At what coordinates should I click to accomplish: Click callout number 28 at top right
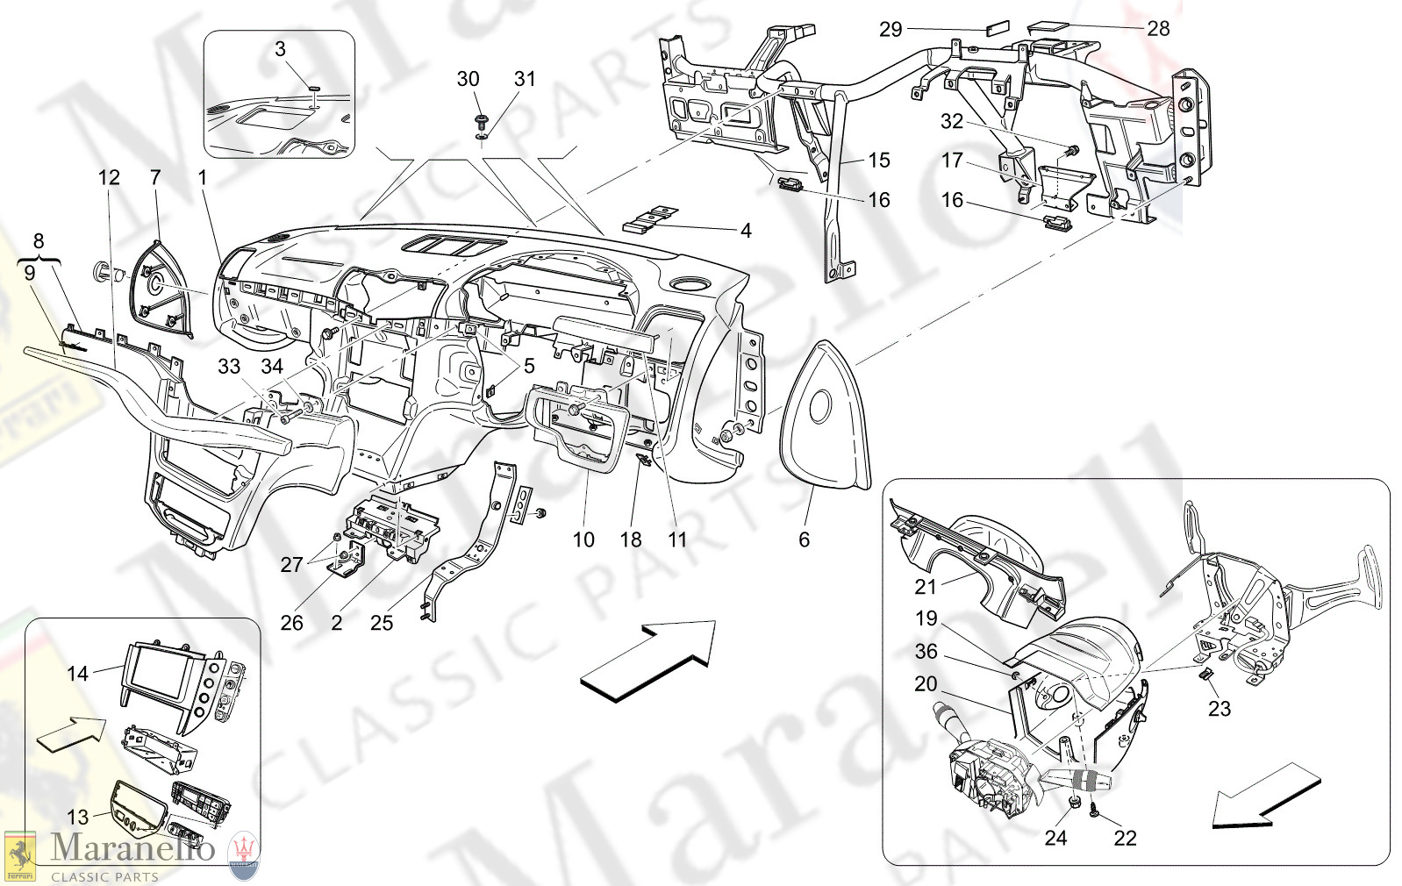(1158, 29)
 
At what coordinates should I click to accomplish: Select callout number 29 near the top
(891, 30)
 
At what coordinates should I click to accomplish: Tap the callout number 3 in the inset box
(280, 49)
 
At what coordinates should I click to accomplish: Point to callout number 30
(468, 79)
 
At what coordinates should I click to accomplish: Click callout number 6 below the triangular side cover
(804, 539)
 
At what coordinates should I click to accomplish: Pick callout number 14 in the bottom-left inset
(77, 674)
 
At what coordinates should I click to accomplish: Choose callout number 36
(926, 652)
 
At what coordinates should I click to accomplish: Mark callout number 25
(382, 623)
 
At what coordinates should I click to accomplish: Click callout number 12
(109, 178)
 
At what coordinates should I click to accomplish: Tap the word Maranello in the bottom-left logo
(132, 848)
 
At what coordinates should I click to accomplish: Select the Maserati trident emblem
(244, 854)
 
